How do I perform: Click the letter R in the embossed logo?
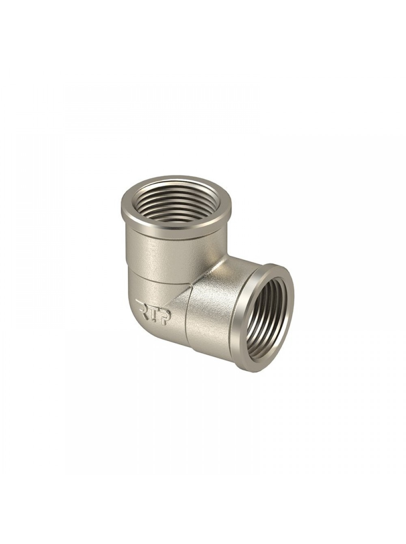[x=142, y=304]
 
